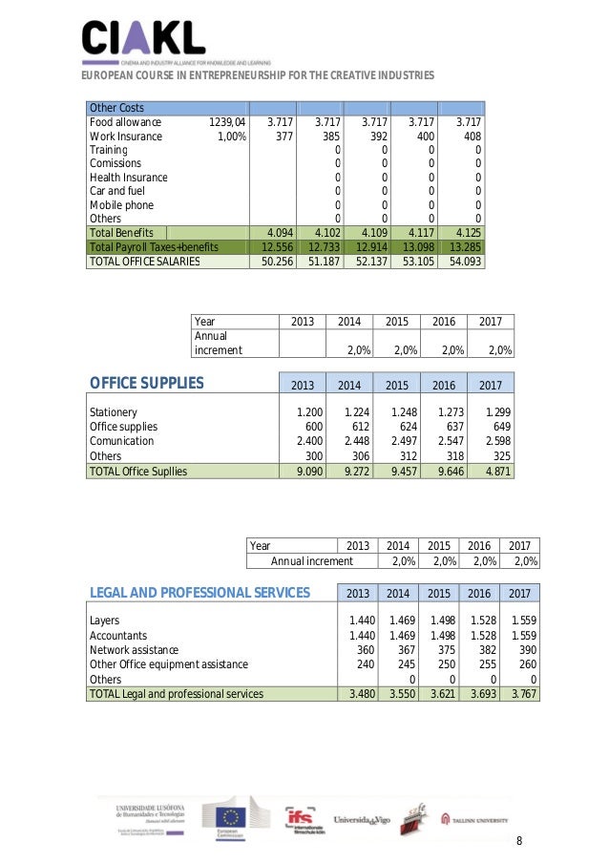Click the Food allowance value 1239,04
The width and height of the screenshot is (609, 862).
click(x=226, y=122)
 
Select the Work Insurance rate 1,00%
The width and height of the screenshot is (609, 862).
click(x=232, y=137)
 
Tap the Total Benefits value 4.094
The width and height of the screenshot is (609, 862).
click(x=277, y=232)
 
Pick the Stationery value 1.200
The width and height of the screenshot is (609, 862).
click(x=298, y=411)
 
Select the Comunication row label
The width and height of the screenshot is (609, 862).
click(x=121, y=441)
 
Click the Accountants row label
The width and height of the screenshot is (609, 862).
click(x=118, y=635)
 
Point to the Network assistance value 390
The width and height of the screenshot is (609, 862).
click(x=524, y=650)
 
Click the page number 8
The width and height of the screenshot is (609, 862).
click(x=519, y=841)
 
